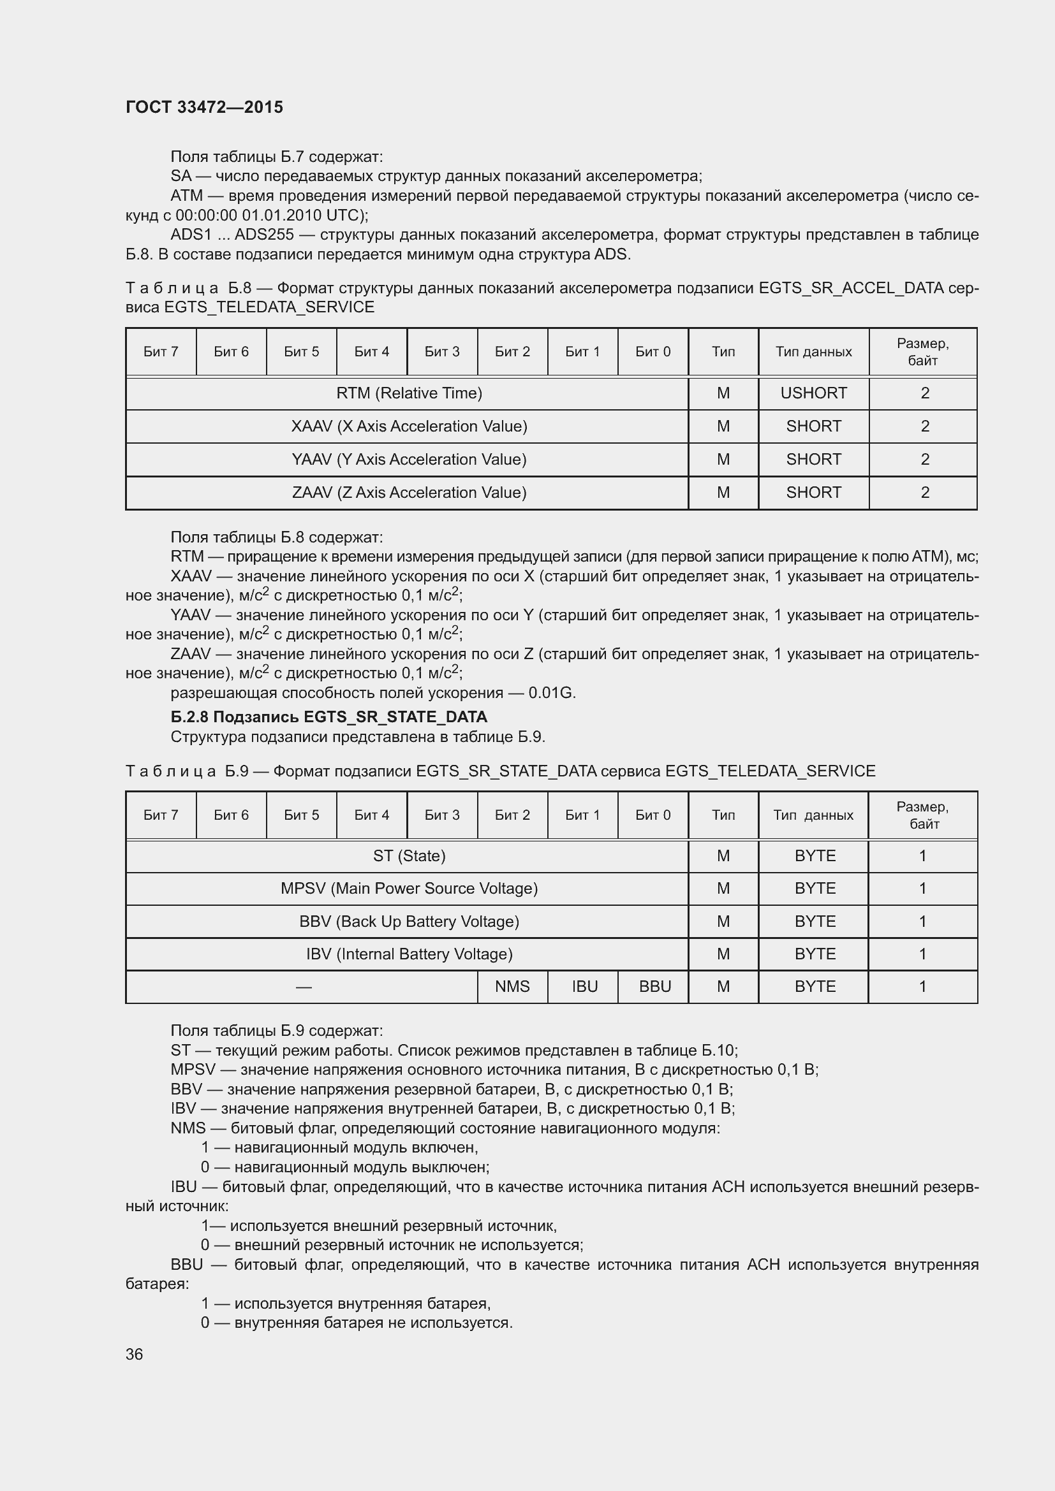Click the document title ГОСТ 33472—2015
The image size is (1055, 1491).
(204, 107)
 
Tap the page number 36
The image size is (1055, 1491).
(134, 1354)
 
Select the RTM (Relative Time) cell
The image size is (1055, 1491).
(409, 393)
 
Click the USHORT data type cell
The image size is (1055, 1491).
(813, 393)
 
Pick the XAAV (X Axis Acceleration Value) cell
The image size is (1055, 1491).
(409, 426)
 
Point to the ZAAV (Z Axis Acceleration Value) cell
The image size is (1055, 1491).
(409, 492)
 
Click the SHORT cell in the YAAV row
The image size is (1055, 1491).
(813, 459)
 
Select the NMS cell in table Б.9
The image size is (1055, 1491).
(512, 986)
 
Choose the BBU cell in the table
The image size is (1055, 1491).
(654, 986)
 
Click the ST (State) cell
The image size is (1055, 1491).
(409, 856)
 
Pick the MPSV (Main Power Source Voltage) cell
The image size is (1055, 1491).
(409, 889)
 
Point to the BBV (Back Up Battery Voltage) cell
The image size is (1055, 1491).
(409, 922)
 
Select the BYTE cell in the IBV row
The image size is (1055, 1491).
(815, 954)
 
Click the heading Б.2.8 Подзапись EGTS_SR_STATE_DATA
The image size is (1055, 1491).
(328, 717)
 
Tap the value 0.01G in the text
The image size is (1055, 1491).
(552, 693)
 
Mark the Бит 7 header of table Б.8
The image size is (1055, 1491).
(161, 352)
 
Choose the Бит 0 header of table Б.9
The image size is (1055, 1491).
(653, 815)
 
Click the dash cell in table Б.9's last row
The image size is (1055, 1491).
(303, 987)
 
